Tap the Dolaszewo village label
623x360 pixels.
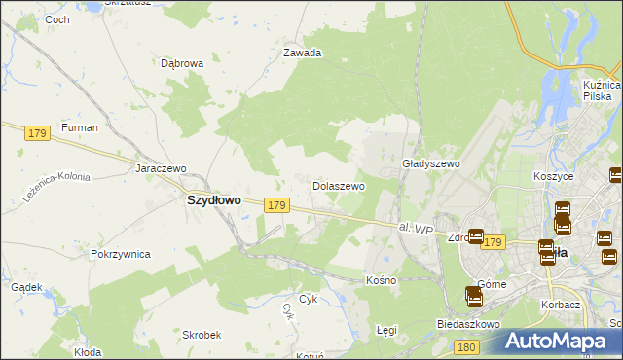(x=338, y=185)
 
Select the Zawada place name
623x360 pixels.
(x=302, y=54)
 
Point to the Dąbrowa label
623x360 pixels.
(x=182, y=63)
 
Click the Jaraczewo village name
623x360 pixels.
(x=161, y=168)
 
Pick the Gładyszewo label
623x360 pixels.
(x=430, y=164)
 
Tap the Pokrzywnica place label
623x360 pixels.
(x=120, y=254)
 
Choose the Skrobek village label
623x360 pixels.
(x=201, y=334)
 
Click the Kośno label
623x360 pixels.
(x=382, y=280)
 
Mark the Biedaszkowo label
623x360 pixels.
(x=468, y=323)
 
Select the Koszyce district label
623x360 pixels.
(x=554, y=177)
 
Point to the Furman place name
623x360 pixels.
(x=79, y=128)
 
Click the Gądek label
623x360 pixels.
(x=26, y=287)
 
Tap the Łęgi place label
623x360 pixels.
(x=387, y=331)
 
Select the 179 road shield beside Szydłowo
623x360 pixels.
(x=276, y=205)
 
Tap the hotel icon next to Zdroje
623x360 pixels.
(x=476, y=236)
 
